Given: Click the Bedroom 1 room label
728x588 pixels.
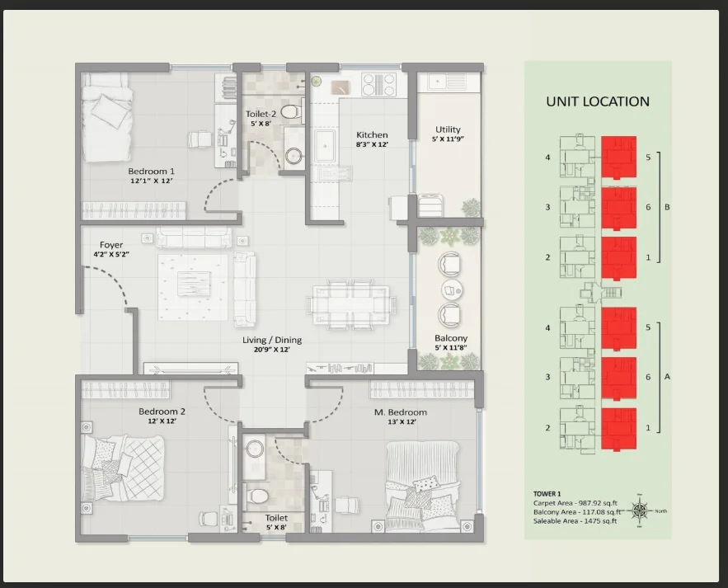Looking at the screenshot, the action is [x=152, y=171].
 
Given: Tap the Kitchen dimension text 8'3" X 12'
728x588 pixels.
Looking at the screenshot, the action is [x=372, y=144].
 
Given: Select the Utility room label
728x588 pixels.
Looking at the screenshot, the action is [x=448, y=129].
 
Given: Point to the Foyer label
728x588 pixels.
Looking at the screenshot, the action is [x=111, y=245].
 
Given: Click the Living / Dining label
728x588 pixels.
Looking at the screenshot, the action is [x=272, y=340].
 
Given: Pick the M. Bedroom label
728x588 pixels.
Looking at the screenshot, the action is [x=401, y=412].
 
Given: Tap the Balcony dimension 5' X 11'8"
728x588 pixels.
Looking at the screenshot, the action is [x=451, y=347].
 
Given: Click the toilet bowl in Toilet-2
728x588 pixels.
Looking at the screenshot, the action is [x=291, y=112].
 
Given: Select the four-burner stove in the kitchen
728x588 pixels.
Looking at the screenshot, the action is [x=379, y=85].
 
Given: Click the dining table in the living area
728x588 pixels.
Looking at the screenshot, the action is [x=351, y=304].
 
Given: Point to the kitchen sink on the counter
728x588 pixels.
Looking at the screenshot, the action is [x=326, y=145].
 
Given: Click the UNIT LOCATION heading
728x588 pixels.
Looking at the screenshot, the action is [x=598, y=101].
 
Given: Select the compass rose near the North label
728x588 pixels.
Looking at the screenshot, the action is [x=641, y=511].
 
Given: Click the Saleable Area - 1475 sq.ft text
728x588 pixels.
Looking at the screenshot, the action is [x=575, y=521].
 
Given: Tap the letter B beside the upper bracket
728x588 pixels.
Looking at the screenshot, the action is [x=667, y=207].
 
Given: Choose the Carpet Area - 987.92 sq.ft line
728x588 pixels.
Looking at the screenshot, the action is [x=575, y=503].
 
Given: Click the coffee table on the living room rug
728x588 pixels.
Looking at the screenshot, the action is [x=194, y=284].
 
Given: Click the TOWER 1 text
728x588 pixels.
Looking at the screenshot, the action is [x=547, y=494].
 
